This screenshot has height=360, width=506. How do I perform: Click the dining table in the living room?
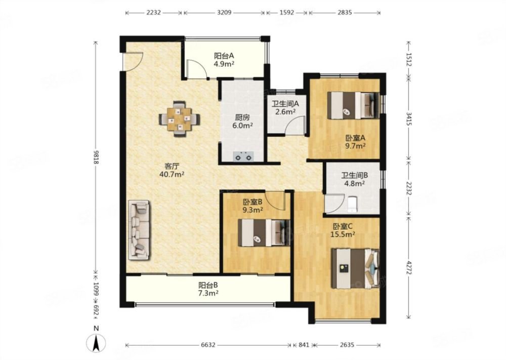179,119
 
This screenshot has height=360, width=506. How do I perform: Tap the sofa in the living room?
139,229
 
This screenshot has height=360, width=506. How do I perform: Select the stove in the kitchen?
243,156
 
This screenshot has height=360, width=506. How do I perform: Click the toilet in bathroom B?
352,204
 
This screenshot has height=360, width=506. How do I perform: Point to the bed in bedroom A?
353,105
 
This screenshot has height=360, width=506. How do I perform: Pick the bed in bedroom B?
264,233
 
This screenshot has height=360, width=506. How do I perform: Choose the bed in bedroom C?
355,268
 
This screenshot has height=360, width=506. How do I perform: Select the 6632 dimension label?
208,345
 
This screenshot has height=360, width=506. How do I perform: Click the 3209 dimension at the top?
224,13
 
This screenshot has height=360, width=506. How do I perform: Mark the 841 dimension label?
304,345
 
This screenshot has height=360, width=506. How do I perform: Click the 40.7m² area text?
172,174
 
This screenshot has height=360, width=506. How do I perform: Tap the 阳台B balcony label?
208,286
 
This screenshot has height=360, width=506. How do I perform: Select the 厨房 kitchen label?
242,117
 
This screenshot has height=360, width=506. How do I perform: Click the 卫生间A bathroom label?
285,104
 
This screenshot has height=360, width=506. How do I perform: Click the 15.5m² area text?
343,234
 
